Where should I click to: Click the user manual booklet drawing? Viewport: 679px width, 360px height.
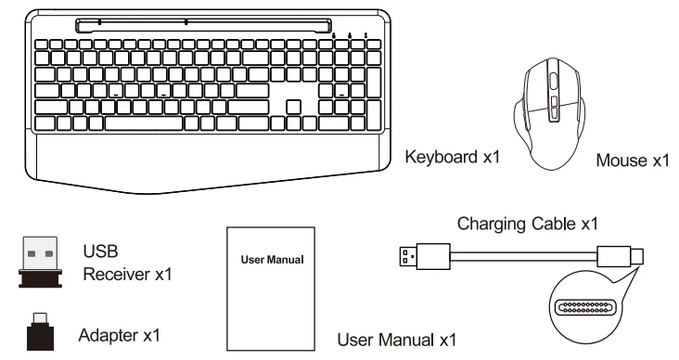click(x=273, y=289)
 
